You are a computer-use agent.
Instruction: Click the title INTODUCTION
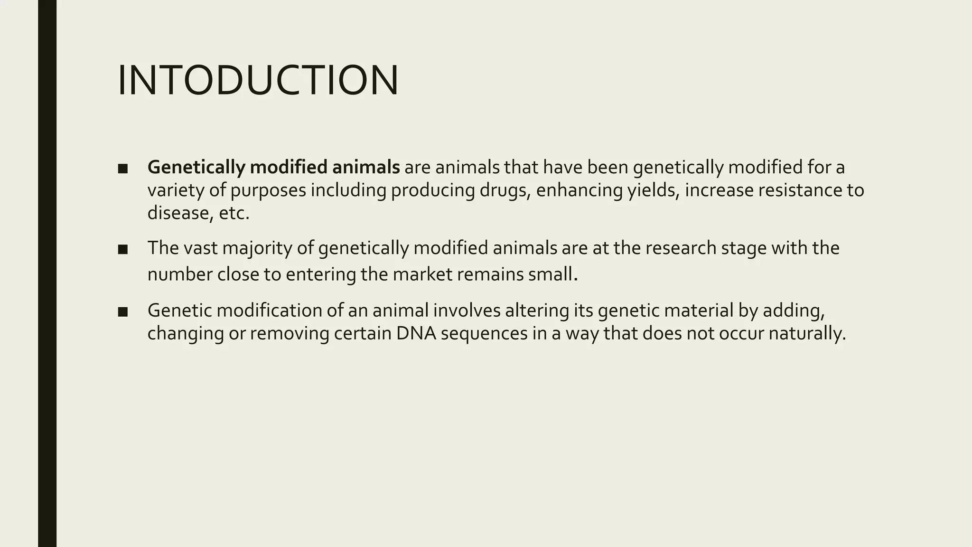pos(258,81)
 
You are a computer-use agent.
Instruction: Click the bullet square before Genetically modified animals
pos(123,169)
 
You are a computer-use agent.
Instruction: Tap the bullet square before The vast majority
pos(123,249)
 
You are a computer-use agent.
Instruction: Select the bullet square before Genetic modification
pos(123,311)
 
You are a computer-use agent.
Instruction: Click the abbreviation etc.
pos(234,213)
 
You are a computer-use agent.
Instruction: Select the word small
pos(553,274)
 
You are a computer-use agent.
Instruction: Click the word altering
pos(537,310)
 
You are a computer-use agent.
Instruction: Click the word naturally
pos(806,333)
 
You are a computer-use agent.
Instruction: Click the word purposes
pos(268,190)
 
